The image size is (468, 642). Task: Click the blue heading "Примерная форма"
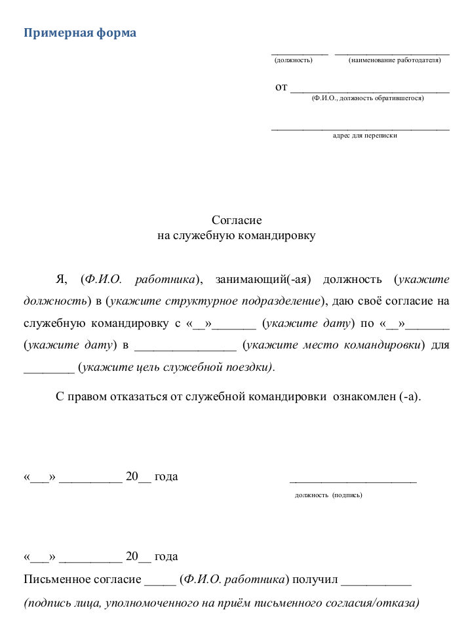click(x=80, y=33)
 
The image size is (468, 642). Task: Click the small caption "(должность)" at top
click(x=293, y=60)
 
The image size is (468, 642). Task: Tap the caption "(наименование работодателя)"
click(x=395, y=60)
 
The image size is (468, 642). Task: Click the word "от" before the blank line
click(x=281, y=86)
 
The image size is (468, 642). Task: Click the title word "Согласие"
click(x=237, y=221)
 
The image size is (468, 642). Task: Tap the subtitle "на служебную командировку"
click(x=237, y=236)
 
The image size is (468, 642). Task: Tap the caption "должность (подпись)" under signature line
click(x=328, y=495)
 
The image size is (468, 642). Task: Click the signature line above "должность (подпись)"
click(x=353, y=481)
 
